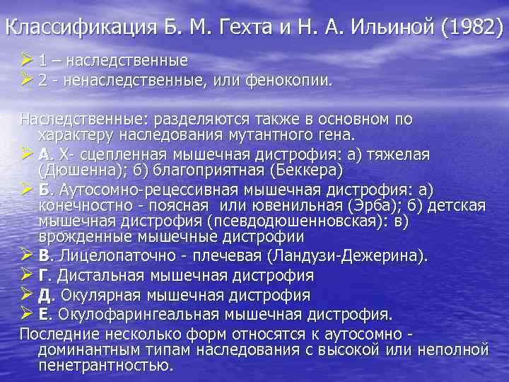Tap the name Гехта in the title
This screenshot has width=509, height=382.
tap(260, 28)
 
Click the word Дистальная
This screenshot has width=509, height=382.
tap(111, 275)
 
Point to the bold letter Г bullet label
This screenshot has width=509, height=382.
tap(43, 275)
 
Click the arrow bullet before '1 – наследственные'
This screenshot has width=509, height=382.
tap(28, 61)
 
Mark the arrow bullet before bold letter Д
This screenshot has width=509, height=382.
tap(28, 294)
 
